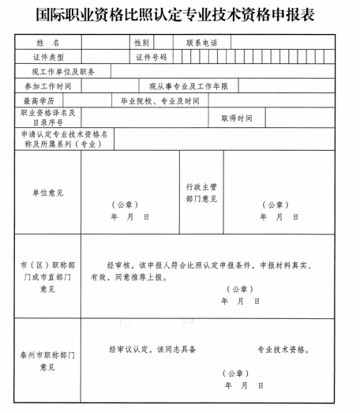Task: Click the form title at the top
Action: [180, 13]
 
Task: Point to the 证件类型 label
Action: [47, 57]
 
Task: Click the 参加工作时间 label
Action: [47, 86]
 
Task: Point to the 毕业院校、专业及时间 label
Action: [159, 101]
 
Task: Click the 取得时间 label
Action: [236, 118]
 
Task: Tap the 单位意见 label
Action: [47, 193]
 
